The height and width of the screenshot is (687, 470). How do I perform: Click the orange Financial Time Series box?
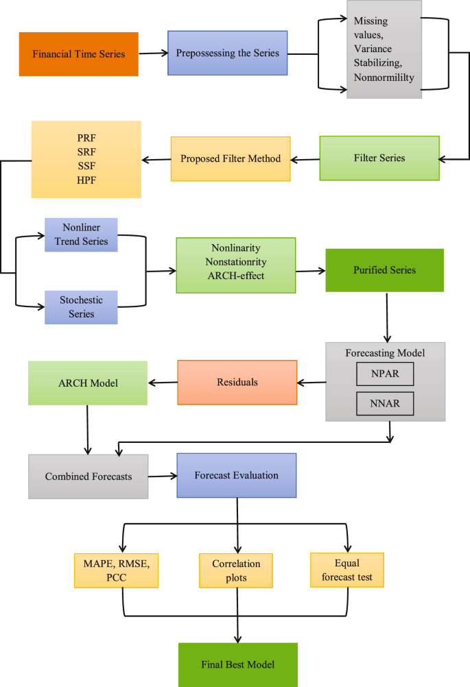79,53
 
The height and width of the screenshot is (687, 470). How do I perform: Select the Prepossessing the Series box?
227,53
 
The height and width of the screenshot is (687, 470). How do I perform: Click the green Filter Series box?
379,158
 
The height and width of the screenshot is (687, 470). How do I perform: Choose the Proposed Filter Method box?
231,158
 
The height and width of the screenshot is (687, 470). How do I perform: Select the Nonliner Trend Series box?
81,235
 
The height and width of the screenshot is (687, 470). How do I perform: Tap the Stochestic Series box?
81,307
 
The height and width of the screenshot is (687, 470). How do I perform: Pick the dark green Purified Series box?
385,269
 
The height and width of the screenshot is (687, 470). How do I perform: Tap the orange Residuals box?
237,382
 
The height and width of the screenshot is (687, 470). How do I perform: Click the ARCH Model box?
87,383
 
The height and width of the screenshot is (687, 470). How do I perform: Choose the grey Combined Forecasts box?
89,477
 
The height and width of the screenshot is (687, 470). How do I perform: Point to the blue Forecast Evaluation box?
236,474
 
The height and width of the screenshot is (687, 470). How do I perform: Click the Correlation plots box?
236,570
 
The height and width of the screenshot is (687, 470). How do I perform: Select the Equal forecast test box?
346,570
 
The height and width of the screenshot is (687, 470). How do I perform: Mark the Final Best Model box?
238,664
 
